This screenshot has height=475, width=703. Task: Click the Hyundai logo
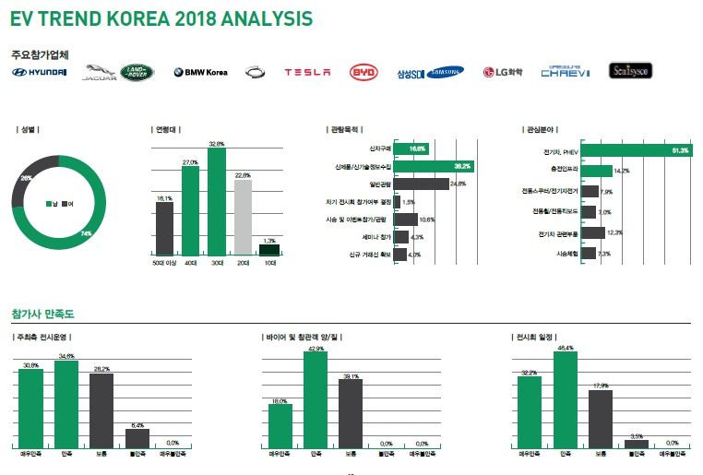[40, 72]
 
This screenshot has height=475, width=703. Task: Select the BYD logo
[363, 72]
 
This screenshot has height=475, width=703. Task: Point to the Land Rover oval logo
[141, 72]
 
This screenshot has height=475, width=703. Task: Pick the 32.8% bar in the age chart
[217, 202]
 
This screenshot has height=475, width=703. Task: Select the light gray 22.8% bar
[243, 217]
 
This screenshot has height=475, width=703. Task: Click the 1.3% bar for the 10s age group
[268, 249]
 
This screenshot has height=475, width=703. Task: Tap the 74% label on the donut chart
[86, 233]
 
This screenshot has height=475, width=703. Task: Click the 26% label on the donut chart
[26, 177]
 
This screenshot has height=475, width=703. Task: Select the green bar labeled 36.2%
[435, 166]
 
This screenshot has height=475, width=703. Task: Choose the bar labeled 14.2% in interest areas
[597, 171]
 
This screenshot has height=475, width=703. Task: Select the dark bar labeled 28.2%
[101, 410]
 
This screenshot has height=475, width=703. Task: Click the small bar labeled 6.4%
[137, 438]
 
